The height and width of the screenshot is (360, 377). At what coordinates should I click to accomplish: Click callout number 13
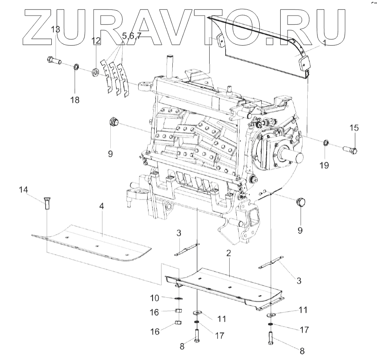(x=55, y=30)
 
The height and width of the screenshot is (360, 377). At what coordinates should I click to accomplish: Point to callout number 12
(x=96, y=41)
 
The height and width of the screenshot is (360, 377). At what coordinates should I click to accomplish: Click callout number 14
(x=24, y=189)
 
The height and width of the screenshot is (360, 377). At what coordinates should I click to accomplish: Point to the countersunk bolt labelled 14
(x=46, y=203)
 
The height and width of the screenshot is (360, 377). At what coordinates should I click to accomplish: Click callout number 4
(x=101, y=206)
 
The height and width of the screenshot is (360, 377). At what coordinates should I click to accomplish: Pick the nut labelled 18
(x=76, y=66)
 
